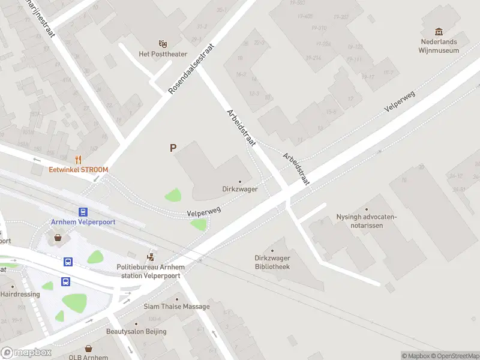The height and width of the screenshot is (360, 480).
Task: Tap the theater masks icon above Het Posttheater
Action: point(162,44)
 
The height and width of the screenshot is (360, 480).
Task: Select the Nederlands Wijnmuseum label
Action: point(439,46)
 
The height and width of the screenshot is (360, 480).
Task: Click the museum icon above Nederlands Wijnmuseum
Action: point(439,32)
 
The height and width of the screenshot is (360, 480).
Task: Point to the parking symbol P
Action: point(173,148)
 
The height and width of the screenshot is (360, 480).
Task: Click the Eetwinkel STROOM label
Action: point(79,170)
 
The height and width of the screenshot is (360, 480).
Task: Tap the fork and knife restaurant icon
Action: point(78,160)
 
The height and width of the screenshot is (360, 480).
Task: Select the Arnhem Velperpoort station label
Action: point(83,221)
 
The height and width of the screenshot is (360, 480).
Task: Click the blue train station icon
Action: point(83,211)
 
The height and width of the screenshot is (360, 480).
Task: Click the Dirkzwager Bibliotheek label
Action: point(272,262)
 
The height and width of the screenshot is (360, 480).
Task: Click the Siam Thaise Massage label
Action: point(176,307)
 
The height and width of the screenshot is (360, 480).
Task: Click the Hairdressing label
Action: point(20,294)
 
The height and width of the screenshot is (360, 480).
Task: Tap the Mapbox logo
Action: point(26,353)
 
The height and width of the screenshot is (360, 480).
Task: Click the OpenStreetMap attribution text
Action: point(455,356)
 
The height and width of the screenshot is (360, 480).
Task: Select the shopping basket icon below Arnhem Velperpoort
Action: point(58,237)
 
